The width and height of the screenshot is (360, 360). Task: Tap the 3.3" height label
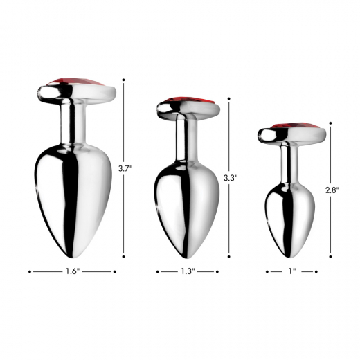point(231,178)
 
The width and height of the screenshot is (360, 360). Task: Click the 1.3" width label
point(188,272)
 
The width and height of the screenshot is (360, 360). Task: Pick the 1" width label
point(291,272)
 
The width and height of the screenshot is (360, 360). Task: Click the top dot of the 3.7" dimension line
point(125,80)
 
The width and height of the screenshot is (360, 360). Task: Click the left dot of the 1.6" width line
point(30,272)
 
